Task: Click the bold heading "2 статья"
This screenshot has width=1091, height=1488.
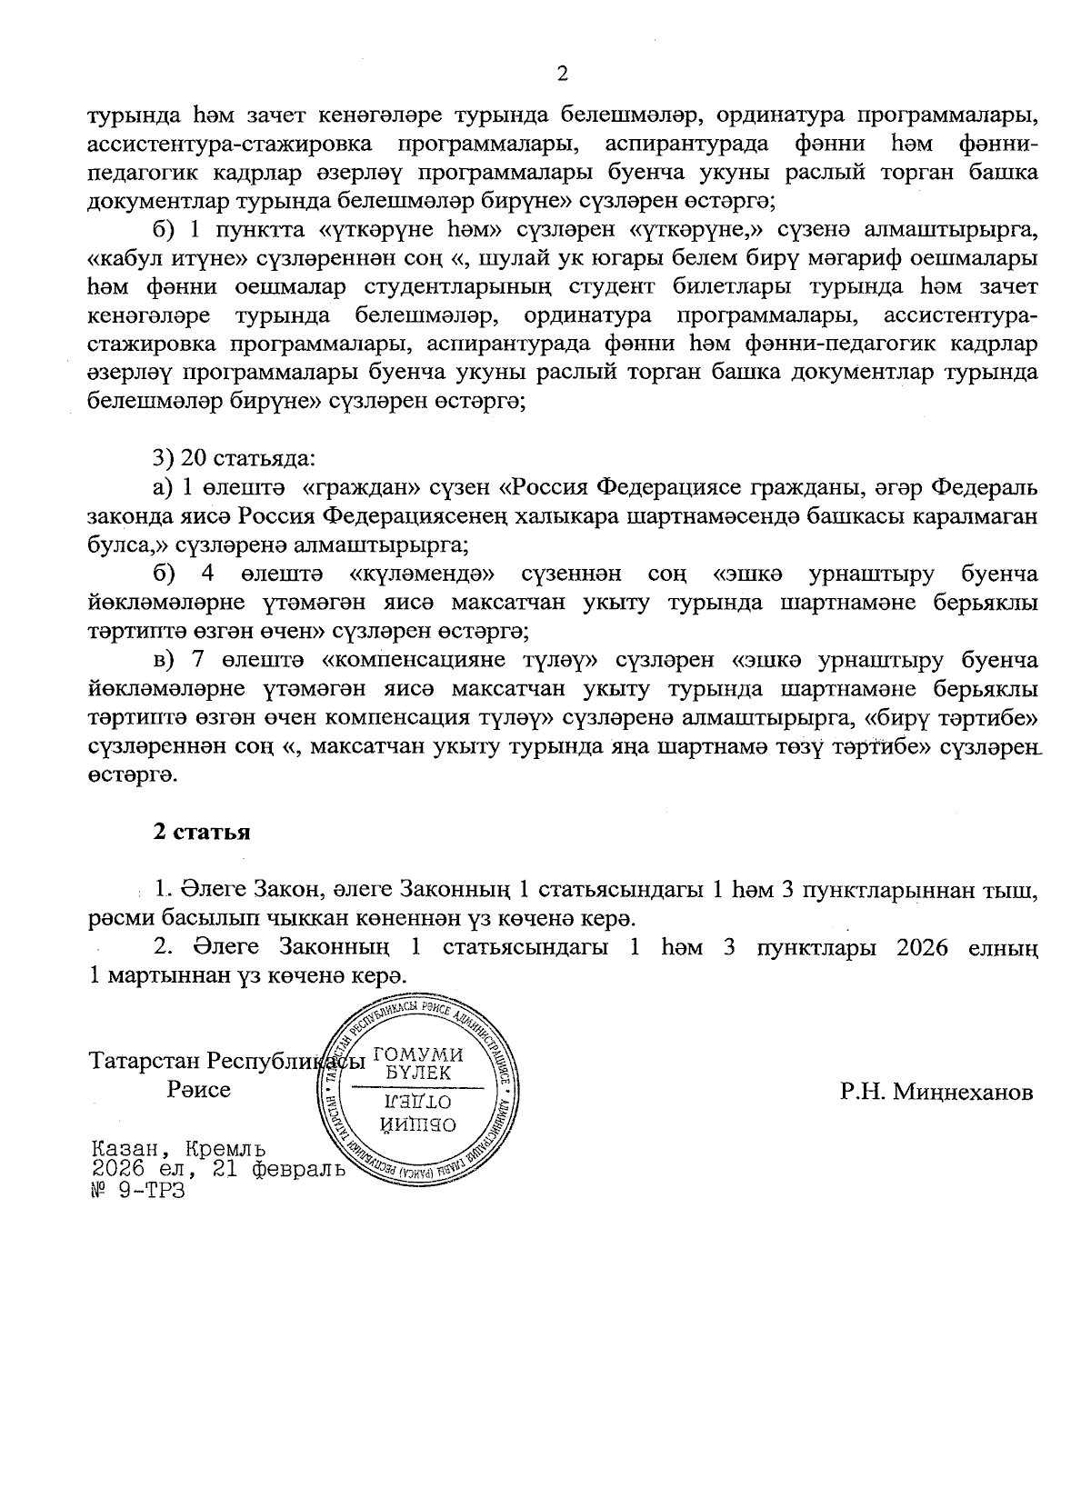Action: [x=201, y=832]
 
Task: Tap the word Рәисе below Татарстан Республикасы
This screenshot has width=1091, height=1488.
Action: [x=199, y=1088]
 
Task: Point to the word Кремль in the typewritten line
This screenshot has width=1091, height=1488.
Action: [x=227, y=1149]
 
